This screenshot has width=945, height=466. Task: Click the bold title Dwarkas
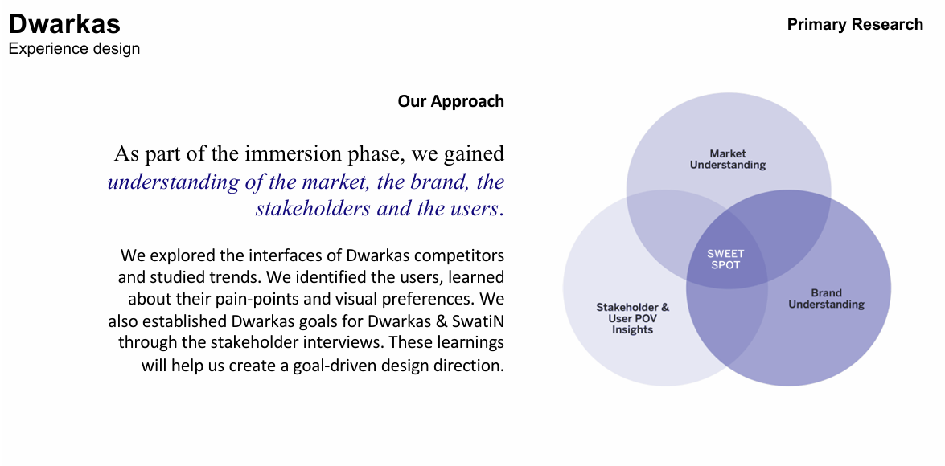pyautogui.click(x=64, y=24)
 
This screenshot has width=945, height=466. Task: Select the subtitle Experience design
pyautogui.click(x=74, y=49)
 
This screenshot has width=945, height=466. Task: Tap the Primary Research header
pyautogui.click(x=855, y=25)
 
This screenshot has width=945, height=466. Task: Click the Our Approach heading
pyautogui.click(x=451, y=101)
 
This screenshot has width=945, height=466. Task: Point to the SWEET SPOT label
pyautogui.click(x=725, y=260)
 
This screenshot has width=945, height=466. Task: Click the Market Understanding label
pyautogui.click(x=727, y=160)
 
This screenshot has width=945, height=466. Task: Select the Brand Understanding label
pyautogui.click(x=826, y=299)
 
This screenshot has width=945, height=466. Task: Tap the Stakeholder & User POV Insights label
pyautogui.click(x=633, y=318)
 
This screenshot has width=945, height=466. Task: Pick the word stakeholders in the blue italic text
pyautogui.click(x=311, y=209)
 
